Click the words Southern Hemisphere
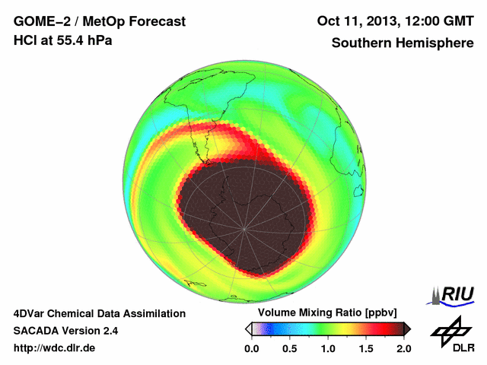click(402, 43)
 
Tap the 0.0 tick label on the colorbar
click(252, 348)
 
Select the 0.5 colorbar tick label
click(290, 348)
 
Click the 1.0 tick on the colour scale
click(328, 348)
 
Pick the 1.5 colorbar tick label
click(366, 348)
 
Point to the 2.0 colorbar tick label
click(403, 348)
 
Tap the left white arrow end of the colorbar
click(249, 328)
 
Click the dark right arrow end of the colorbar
click(407, 328)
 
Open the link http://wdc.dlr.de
click(55, 348)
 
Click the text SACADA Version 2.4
click(65, 331)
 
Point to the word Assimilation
click(151, 313)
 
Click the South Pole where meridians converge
click(244, 228)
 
